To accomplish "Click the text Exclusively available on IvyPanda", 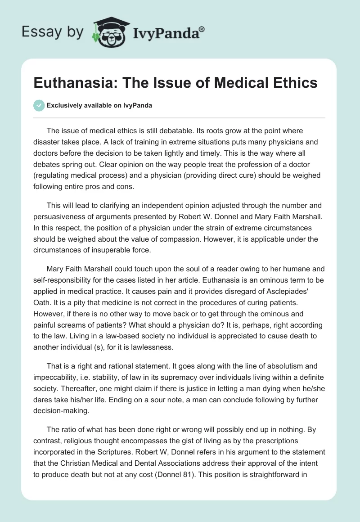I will (x=99, y=106).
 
